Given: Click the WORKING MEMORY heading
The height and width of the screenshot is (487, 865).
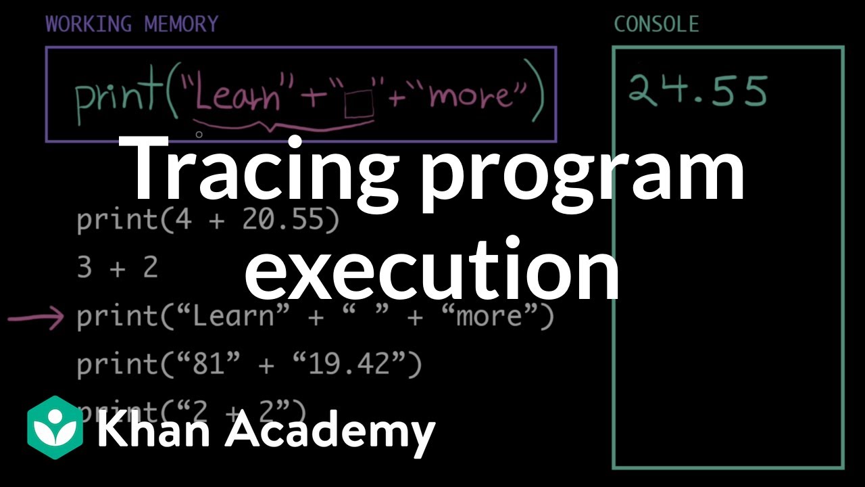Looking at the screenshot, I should pyautogui.click(x=132, y=24).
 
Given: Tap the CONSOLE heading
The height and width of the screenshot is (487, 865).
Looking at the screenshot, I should pyautogui.click(x=656, y=25).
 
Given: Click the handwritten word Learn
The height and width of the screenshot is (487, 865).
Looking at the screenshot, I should pyautogui.click(x=237, y=97).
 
